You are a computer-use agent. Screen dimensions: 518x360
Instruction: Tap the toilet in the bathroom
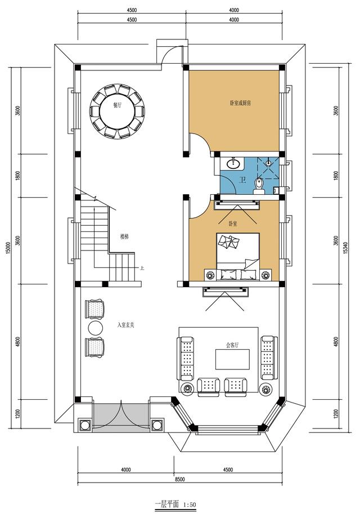259,184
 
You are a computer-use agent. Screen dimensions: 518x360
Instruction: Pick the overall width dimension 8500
179,479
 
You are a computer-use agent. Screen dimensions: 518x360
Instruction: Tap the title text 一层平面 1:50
175,504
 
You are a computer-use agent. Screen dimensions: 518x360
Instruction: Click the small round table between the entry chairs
94,328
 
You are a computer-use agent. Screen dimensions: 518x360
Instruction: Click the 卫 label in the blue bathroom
242,181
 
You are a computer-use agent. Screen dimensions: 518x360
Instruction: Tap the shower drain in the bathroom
270,163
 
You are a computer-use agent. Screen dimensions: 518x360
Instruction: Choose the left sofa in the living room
187,358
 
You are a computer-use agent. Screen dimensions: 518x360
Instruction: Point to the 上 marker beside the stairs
143,268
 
